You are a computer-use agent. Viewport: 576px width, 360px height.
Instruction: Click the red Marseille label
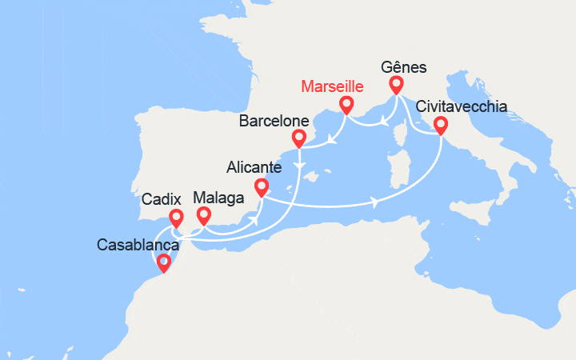334,86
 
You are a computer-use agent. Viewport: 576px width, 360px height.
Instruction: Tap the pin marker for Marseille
346,104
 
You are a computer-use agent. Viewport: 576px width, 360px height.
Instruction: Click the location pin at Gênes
396,84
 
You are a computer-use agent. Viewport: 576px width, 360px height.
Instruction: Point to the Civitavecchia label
461,107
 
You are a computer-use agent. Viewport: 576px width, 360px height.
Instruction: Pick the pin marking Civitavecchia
440,125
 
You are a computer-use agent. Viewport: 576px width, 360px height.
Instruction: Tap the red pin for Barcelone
299,138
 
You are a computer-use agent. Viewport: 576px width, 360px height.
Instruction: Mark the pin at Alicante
261,187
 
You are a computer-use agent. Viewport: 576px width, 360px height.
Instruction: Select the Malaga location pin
203,214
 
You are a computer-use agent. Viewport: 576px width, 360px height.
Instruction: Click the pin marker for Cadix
176,218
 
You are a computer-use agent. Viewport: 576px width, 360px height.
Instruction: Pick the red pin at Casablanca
164,262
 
